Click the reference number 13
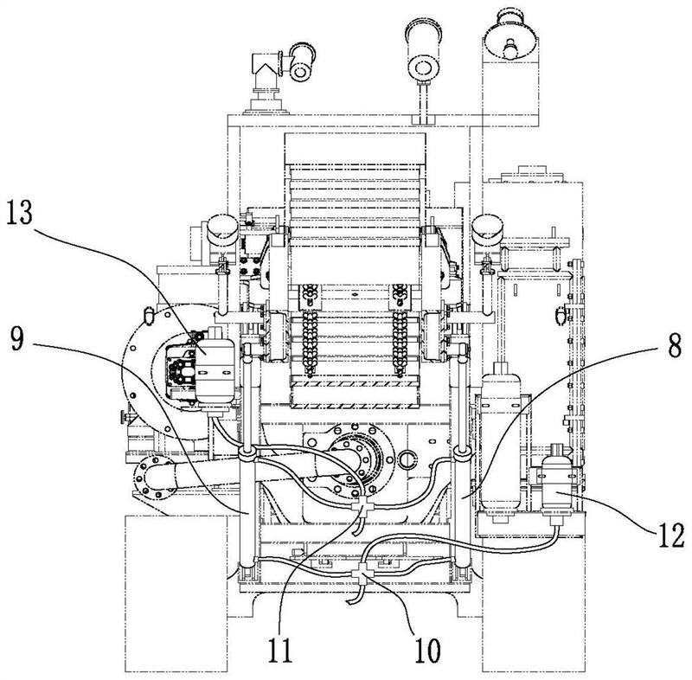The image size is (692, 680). pyautogui.click(x=20, y=214)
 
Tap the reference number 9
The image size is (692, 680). pyautogui.click(x=17, y=339)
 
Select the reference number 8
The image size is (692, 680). pyautogui.click(x=674, y=345)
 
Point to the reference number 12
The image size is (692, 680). pyautogui.click(x=672, y=536)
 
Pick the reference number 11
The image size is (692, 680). pyautogui.click(x=280, y=650)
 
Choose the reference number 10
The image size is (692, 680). pyautogui.click(x=426, y=651)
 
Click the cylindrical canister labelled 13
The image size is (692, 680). pyautogui.click(x=215, y=366)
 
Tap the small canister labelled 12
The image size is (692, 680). pyautogui.click(x=557, y=486)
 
